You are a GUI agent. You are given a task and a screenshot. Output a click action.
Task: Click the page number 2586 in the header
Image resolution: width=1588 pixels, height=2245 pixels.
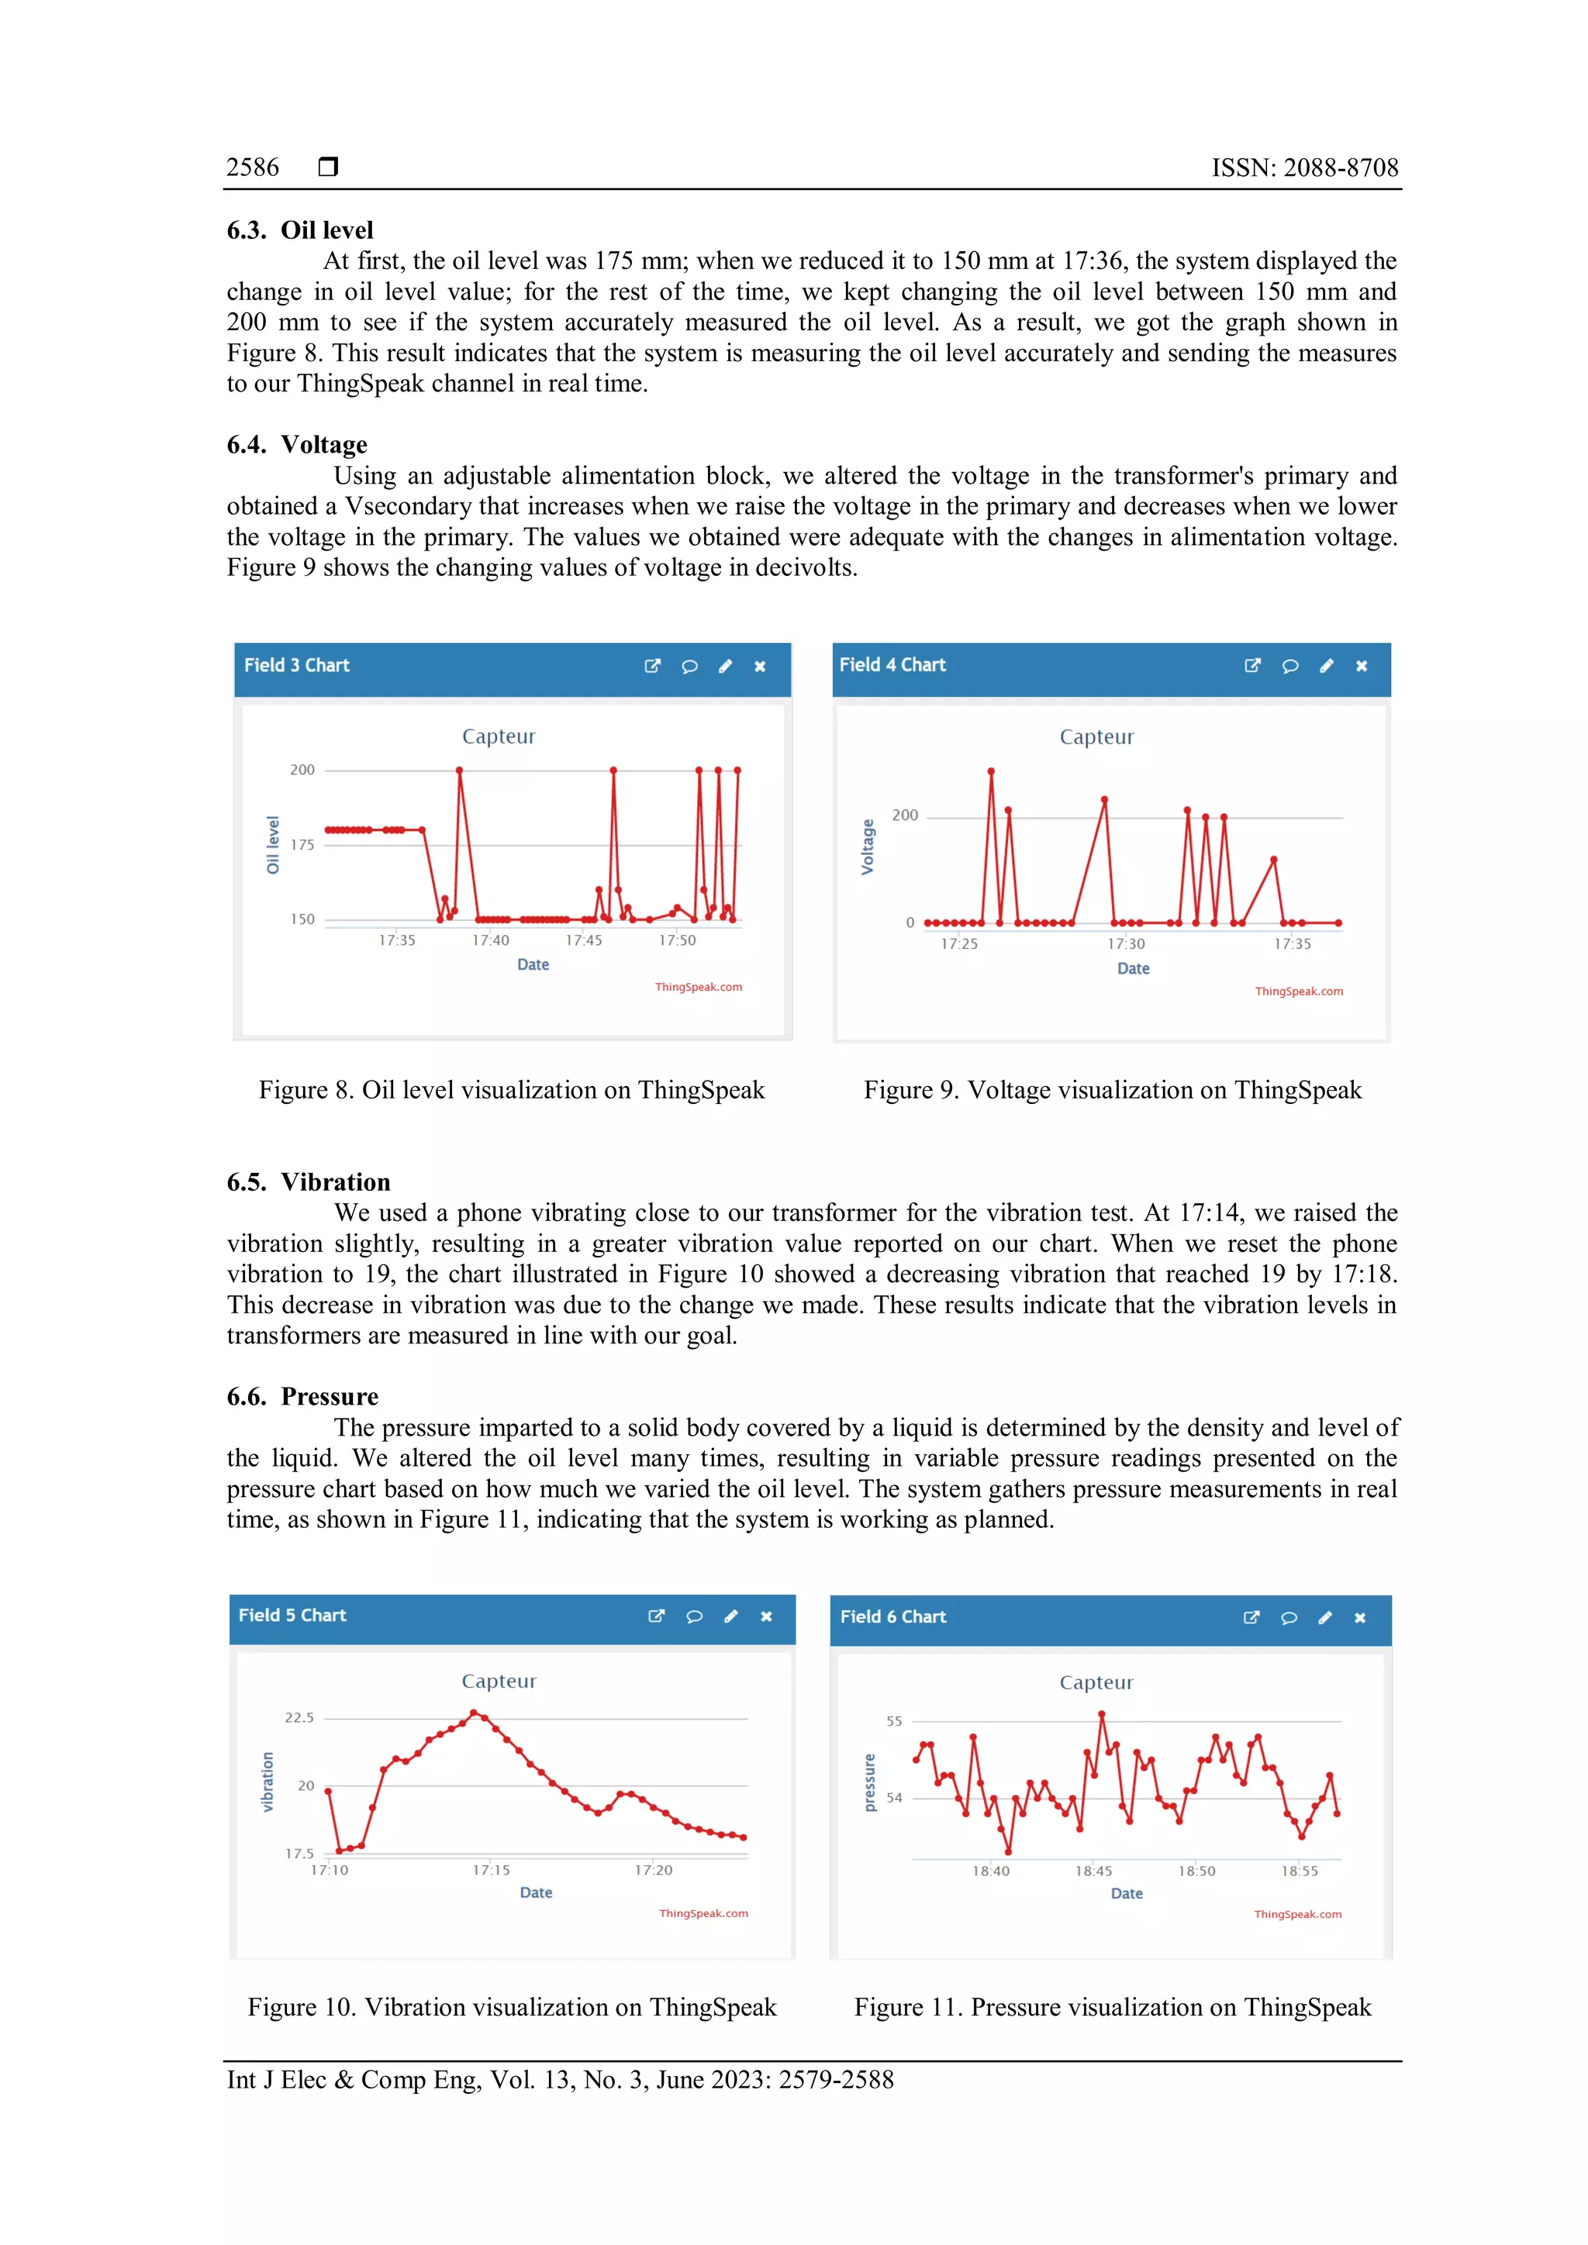point(252,167)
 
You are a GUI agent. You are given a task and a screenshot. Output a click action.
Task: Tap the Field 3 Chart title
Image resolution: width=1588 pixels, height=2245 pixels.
point(296,665)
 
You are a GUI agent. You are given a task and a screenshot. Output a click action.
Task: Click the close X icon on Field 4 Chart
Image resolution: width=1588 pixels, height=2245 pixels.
point(1361,666)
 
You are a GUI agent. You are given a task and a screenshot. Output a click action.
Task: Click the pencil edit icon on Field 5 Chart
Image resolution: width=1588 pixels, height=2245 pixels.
point(730,1616)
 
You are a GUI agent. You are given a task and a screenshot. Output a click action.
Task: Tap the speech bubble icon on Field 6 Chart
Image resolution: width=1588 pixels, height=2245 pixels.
point(1289,1618)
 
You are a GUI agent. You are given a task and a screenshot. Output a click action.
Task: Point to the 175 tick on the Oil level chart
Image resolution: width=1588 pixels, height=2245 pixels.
point(302,845)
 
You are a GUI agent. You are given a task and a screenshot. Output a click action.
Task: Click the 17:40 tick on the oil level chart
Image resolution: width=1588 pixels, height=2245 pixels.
point(490,940)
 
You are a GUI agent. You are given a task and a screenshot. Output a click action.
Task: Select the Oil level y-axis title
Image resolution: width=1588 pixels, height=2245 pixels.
point(273,845)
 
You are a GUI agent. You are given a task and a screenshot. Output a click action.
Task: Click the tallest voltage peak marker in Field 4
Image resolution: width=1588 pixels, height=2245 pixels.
point(990,771)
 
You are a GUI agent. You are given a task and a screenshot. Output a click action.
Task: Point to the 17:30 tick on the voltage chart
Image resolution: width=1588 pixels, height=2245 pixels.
point(1126,944)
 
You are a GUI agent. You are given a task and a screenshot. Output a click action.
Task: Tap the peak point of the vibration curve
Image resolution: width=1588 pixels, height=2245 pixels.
point(473,1712)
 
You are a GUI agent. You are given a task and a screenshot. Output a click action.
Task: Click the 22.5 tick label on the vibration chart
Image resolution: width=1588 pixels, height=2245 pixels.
point(299,1718)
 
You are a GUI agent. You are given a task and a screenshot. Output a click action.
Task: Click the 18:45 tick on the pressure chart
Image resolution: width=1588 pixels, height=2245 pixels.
point(1093,1871)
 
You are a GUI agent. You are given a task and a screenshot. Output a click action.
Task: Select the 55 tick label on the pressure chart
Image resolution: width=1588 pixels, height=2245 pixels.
point(894,1721)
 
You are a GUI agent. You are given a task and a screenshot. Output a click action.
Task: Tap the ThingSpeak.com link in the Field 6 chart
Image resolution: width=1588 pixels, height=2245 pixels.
point(1296,1915)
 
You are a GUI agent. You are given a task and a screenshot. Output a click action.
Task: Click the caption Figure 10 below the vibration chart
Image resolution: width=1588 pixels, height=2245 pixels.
point(512,2007)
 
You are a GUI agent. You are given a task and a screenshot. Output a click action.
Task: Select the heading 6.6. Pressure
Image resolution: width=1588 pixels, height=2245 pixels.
point(302,1397)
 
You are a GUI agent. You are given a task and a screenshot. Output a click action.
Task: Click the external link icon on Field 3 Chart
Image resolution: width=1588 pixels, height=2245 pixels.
point(652,666)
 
